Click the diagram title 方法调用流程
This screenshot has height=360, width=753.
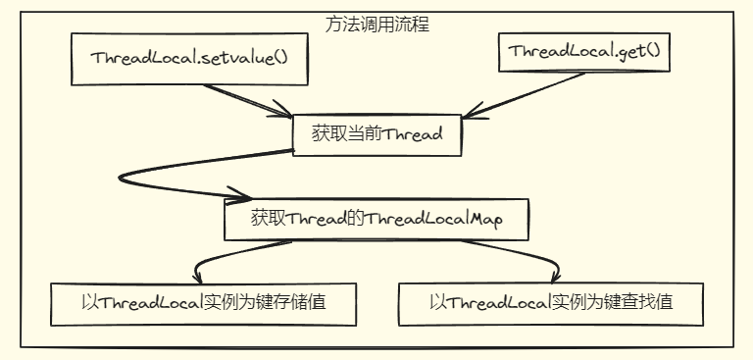pyautogui.click(x=376, y=24)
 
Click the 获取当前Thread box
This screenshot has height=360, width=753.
pyautogui.click(x=377, y=135)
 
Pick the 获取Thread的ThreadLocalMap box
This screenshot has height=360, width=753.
pyautogui.click(x=376, y=218)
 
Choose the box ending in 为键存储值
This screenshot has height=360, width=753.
pyautogui.click(x=202, y=303)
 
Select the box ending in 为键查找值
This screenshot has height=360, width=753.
pyautogui.click(x=551, y=303)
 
